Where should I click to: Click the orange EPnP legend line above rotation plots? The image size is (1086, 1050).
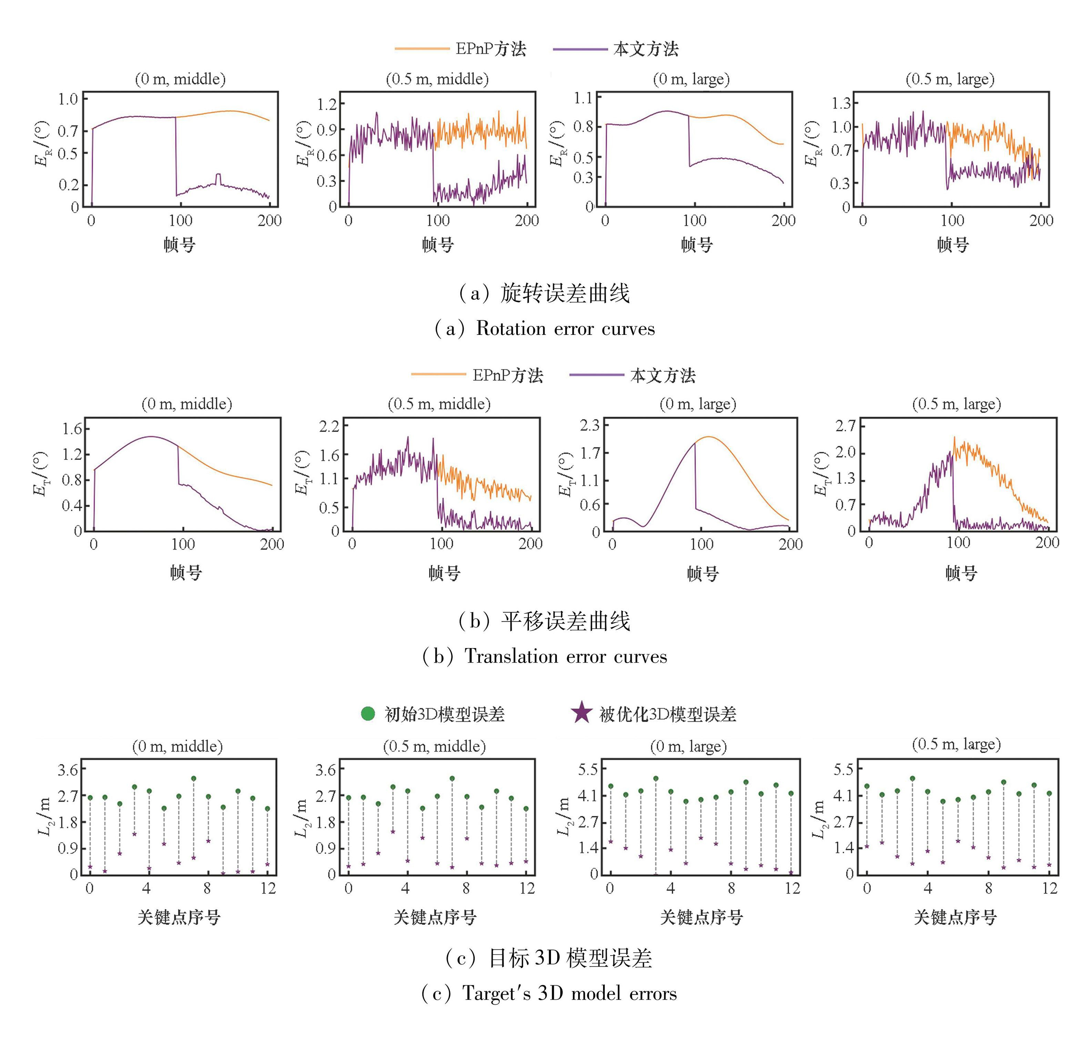pos(422,49)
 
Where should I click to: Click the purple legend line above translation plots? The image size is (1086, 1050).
pos(597,375)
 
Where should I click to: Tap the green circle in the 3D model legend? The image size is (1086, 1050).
pos(368,714)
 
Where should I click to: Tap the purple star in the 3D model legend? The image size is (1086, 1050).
pos(581,713)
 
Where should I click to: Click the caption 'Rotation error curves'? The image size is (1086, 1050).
pos(565,328)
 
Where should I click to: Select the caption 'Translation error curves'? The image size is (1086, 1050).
pos(565,656)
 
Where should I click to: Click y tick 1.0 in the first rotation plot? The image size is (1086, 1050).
pos(68,99)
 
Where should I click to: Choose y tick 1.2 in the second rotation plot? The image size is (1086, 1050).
pos(327,104)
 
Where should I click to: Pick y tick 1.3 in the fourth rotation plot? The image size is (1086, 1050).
pos(841,103)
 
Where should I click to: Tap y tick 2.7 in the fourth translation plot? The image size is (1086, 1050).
pos(846,425)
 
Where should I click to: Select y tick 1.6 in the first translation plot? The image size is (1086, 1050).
pos(72,428)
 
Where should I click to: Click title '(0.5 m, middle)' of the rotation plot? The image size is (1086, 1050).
pos(437,79)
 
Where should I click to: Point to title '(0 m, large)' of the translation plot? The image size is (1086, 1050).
pos(698,404)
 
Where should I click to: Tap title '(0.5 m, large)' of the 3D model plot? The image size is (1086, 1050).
pos(956,744)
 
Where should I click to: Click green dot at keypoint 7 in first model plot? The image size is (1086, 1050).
pos(193,778)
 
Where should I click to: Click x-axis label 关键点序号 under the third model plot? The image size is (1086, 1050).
pos(701,917)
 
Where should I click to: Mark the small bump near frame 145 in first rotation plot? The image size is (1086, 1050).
pos(218,176)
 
